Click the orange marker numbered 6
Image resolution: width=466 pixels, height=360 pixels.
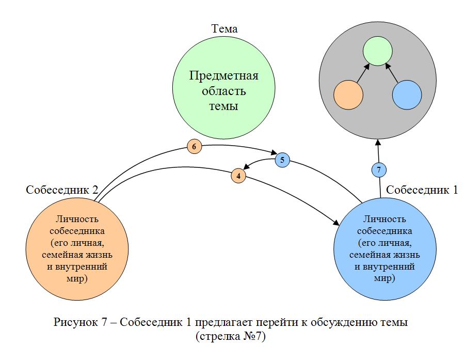[x=194, y=147]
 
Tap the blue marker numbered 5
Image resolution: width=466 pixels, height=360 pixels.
[x=282, y=160]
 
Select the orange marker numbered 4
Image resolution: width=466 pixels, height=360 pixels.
[x=238, y=175]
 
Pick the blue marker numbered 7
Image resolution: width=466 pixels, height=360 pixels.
[x=379, y=169]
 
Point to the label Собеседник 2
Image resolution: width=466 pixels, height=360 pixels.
[x=62, y=190]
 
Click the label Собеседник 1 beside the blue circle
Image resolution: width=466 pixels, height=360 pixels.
[x=422, y=190]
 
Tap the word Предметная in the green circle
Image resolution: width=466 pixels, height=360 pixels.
[x=223, y=77]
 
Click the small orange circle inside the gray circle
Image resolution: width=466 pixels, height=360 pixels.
[x=349, y=95]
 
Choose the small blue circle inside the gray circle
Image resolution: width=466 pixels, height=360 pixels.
[x=407, y=95]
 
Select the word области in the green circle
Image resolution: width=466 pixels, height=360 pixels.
[x=223, y=92]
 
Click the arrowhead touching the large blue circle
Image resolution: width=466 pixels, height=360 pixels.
[x=336, y=223]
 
